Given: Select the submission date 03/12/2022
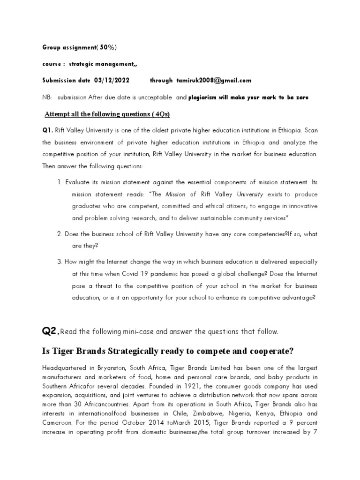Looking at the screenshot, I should [112, 80].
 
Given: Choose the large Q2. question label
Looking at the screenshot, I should [51, 331].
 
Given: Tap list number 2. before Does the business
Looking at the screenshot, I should [60, 233].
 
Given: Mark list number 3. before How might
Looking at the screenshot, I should [60, 262].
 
